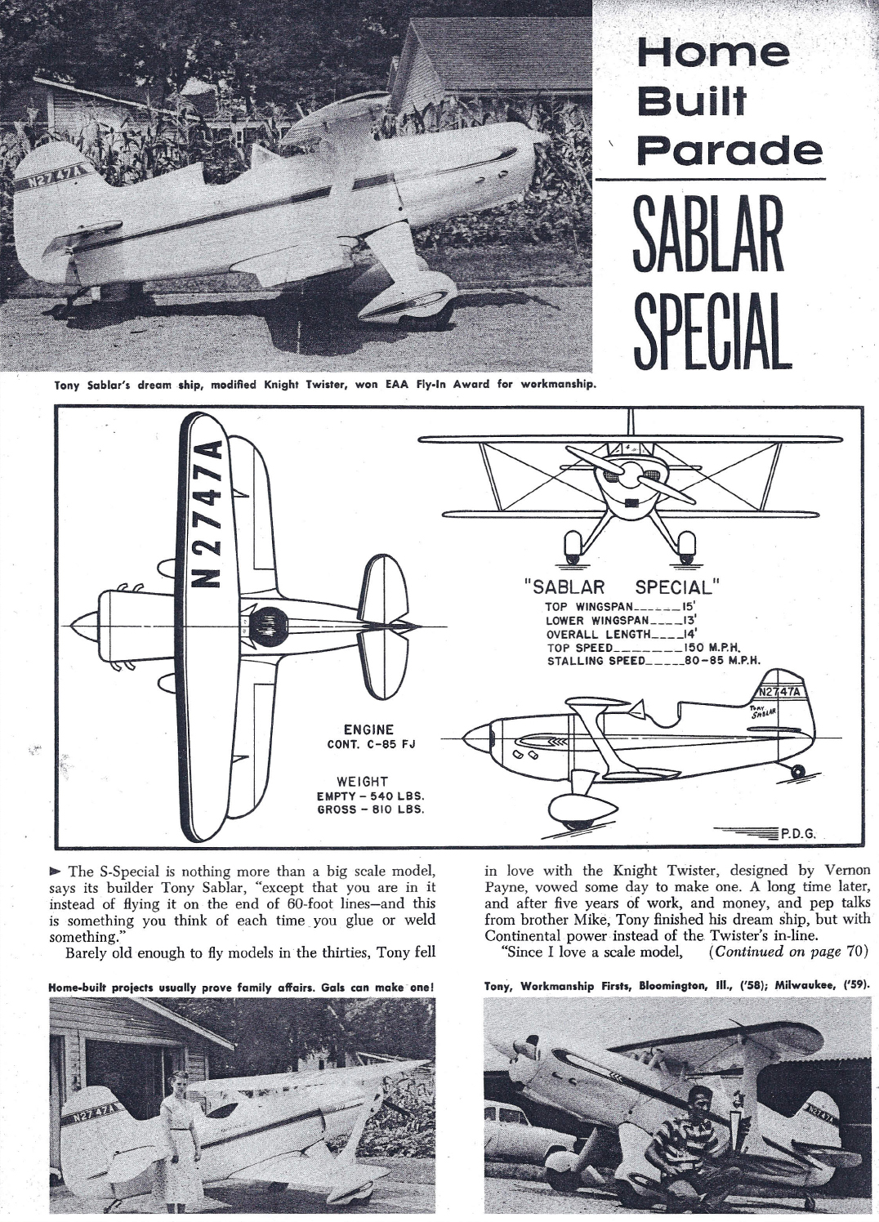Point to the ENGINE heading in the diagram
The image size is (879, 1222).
pyautogui.click(x=368, y=729)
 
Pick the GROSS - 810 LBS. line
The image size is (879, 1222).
pyautogui.click(x=370, y=809)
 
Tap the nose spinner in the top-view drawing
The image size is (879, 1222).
pyautogui.click(x=83, y=627)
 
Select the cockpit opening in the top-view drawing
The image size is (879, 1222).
pyautogui.click(x=270, y=627)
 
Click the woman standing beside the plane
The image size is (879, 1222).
pyautogui.click(x=179, y=1135)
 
